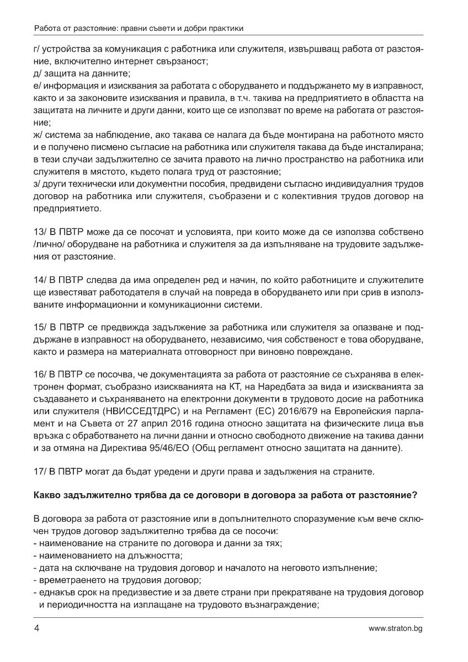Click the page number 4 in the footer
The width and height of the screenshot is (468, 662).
(x=36, y=628)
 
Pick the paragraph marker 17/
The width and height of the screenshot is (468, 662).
(x=40, y=472)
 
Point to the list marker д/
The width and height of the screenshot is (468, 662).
(x=38, y=73)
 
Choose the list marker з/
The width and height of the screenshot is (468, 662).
(x=37, y=183)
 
